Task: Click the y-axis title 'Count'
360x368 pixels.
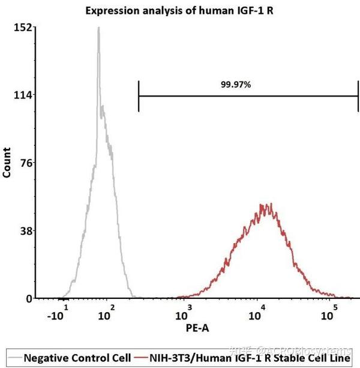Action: coord(7,162)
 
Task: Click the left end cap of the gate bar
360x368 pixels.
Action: coord(139,95)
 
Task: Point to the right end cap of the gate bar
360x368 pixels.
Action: coord(358,95)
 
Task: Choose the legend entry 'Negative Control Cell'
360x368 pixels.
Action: coord(77,358)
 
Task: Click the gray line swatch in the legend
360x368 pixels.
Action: coord(16,358)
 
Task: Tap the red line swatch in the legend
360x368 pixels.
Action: coord(141,358)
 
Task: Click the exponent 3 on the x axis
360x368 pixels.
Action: coord(190,307)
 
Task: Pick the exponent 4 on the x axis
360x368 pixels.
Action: coord(263,307)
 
